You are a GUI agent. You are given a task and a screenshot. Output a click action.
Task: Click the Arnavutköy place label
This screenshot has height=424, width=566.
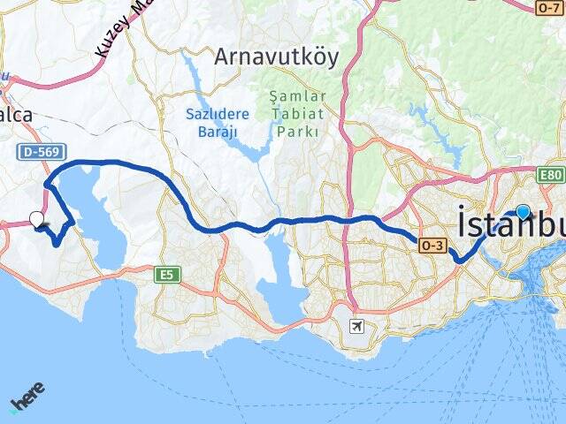coord(276,57)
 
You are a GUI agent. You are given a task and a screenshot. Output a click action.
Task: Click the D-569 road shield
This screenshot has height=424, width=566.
coord(39,153)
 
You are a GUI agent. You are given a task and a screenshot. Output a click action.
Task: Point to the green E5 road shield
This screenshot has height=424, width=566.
coord(165,275)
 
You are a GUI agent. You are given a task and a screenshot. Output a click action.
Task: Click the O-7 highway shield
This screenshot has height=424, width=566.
coord(548,7)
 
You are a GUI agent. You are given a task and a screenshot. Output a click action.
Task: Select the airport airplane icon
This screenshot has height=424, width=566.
coord(356,327)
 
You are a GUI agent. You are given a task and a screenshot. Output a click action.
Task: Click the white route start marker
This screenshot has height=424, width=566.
coord(36,218)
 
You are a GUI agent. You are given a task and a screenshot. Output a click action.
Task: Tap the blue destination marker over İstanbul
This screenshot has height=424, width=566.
coord(523,212)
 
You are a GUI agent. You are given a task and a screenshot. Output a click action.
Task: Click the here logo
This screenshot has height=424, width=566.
coord(27,397)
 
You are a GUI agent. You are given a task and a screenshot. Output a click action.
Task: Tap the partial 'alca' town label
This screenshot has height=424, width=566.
coord(17,116)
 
